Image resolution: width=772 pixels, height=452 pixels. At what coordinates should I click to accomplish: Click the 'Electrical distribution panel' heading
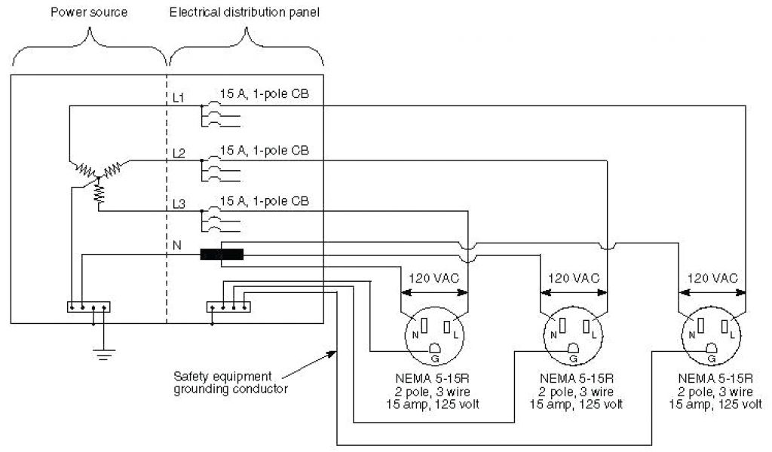(247, 13)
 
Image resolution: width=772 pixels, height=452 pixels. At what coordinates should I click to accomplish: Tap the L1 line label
(179, 98)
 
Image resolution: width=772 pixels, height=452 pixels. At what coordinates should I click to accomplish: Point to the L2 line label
(179, 153)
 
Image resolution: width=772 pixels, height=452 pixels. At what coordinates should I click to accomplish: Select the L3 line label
(179, 204)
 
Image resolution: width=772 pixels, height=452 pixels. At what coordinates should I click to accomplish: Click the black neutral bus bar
(222, 255)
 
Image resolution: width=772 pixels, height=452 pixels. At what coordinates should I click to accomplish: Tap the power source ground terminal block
(89, 307)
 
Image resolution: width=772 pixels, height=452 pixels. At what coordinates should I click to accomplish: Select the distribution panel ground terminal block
(228, 307)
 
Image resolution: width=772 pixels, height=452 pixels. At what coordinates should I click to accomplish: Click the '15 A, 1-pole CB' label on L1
(264, 94)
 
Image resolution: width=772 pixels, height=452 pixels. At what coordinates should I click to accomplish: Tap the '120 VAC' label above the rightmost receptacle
(712, 277)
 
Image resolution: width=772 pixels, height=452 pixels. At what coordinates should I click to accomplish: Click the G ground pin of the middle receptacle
(572, 348)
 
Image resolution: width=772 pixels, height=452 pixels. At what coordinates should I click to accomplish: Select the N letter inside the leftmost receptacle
(415, 333)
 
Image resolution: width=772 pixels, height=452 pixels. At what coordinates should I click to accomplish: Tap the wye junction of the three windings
(99, 177)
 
